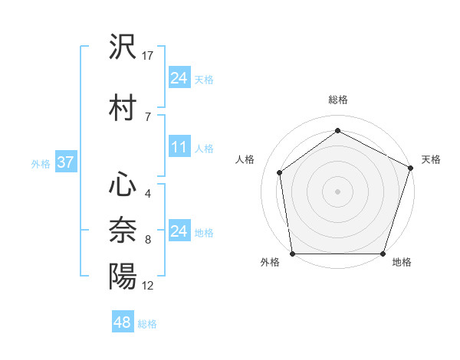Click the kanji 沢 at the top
[123, 47]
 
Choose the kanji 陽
[123, 276]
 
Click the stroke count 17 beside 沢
[148, 56]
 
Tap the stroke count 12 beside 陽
[148, 285]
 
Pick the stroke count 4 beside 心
[147, 193]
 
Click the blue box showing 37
[65, 162]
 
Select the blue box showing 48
[123, 322]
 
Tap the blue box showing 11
[179, 147]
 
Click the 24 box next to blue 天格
[179, 78]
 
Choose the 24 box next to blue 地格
[179, 231]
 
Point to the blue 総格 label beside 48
[147, 324]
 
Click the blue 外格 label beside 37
[41, 163]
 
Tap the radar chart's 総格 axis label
[338, 100]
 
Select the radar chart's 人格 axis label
[245, 159]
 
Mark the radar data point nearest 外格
[292, 254]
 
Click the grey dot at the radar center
[338, 191]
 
